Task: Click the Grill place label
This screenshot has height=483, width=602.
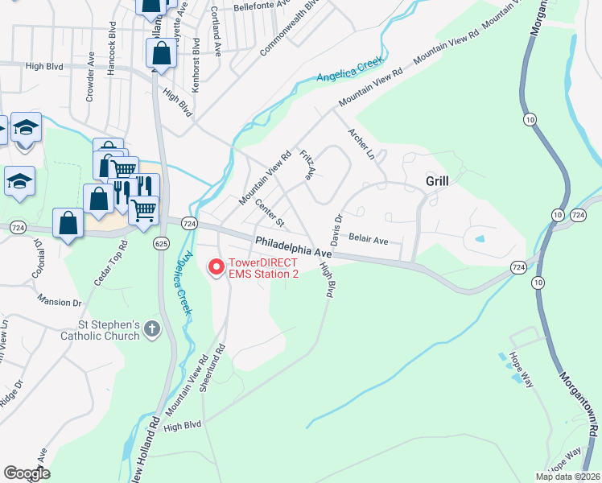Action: tap(436, 182)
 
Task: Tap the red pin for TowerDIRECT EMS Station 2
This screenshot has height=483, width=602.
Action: tap(216, 267)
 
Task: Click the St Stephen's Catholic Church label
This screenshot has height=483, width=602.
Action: tap(100, 330)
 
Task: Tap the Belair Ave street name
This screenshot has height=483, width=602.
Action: tap(369, 240)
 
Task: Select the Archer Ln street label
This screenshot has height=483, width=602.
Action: tap(361, 142)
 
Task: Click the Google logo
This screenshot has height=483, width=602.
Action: tap(27, 473)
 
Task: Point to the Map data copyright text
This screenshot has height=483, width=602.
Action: tap(567, 477)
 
